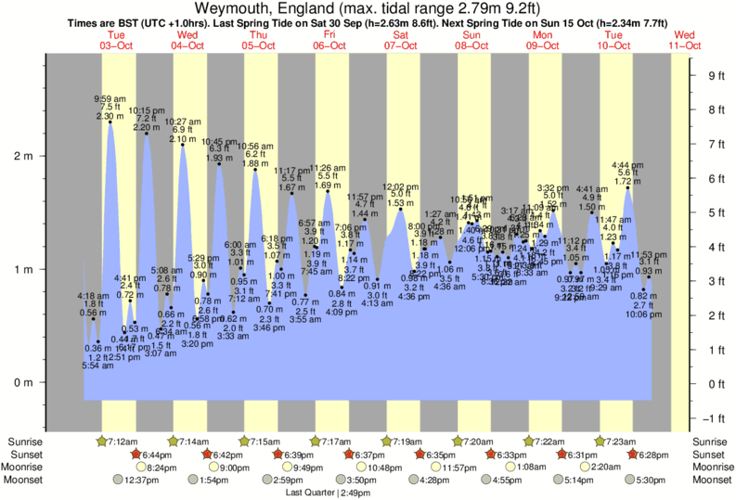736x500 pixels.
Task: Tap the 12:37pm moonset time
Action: tap(137, 480)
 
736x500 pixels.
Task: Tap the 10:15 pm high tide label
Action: tap(147, 110)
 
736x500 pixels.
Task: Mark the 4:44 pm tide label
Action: tap(627, 165)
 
